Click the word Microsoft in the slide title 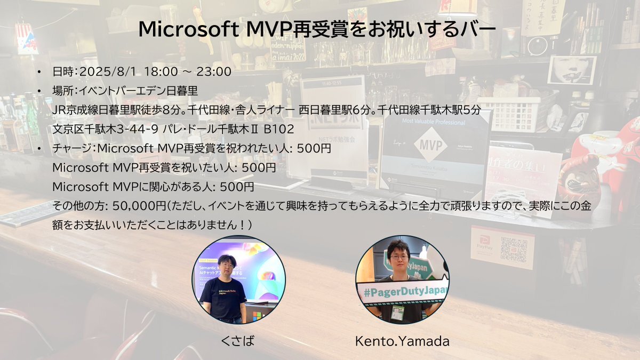click(189, 29)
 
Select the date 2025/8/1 click(108, 71)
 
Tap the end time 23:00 click(214, 71)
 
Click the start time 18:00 click(161, 71)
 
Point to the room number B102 click(278, 129)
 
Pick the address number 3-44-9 click(137, 129)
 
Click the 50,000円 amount click(139, 206)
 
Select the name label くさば click(237, 341)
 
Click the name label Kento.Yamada click(402, 341)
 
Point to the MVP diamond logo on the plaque click(430, 145)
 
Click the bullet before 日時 click(39, 71)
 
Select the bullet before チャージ click(39, 149)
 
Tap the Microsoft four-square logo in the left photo click(257, 316)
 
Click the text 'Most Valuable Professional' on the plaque click(434, 122)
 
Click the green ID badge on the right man click(398, 313)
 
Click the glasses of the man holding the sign click(399, 257)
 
